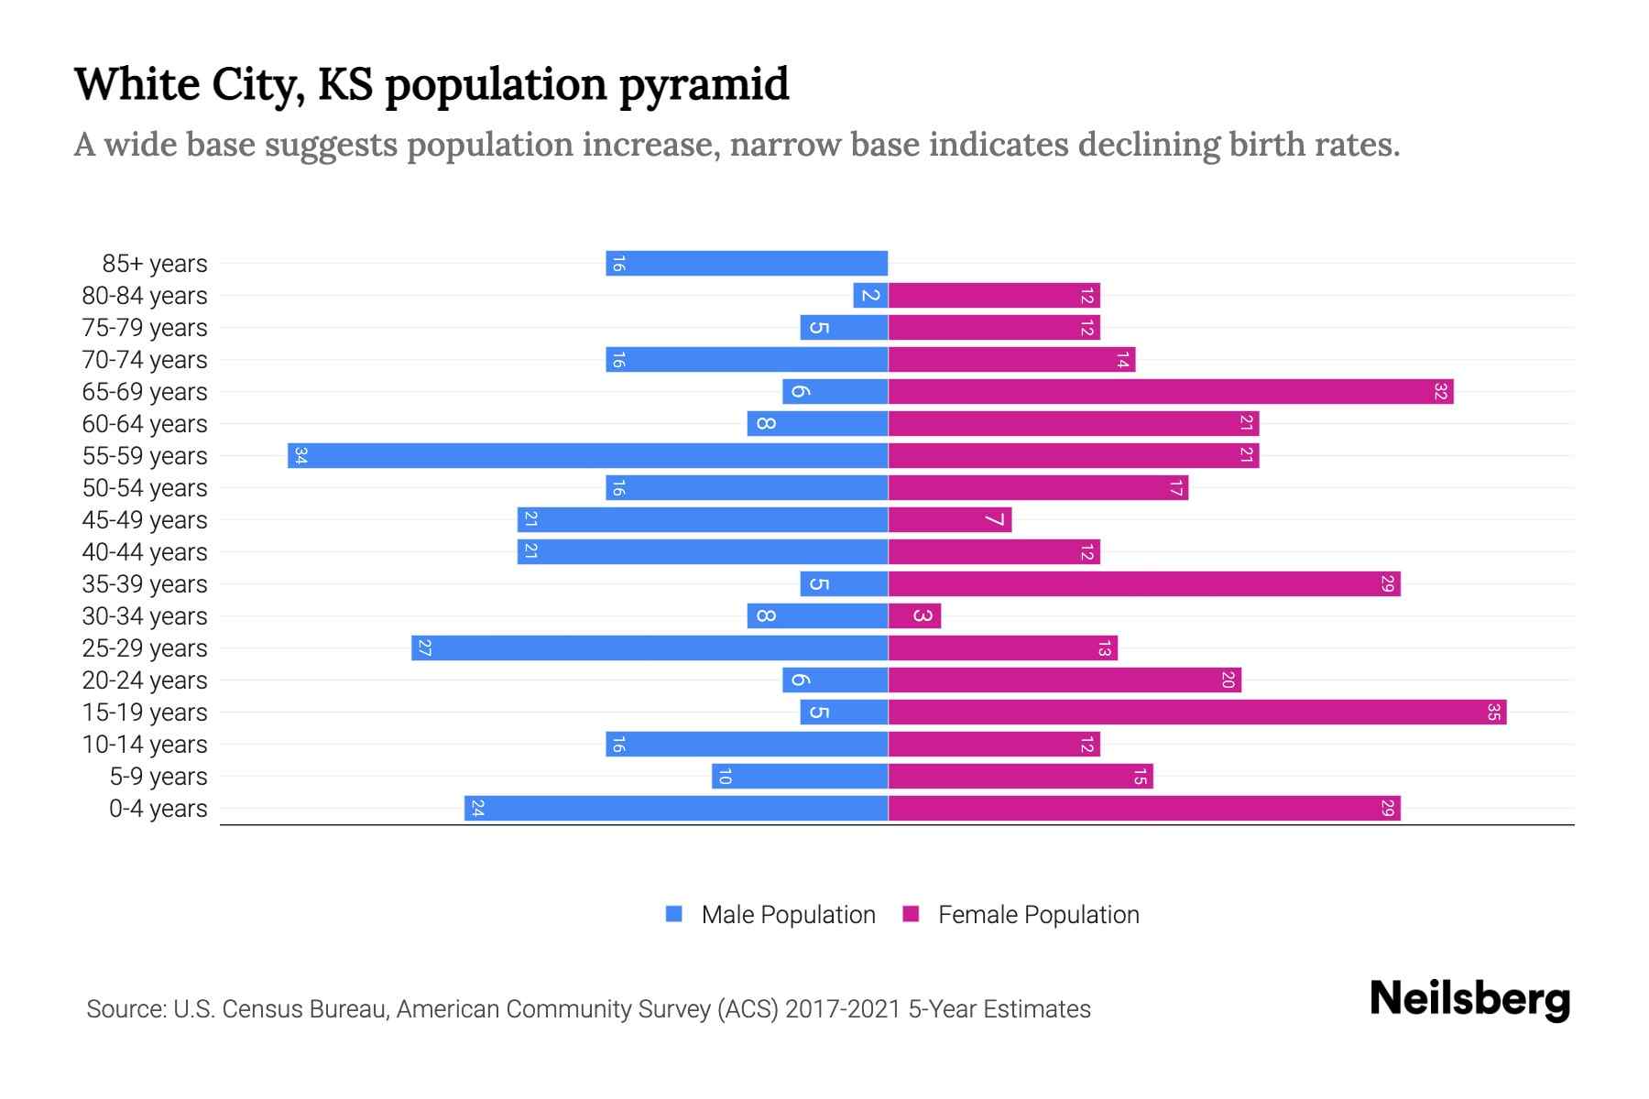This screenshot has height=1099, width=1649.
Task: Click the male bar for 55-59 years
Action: pyautogui.click(x=588, y=455)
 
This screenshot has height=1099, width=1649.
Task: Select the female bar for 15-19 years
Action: pyautogui.click(x=1197, y=712)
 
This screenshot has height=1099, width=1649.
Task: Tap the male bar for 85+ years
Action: pyautogui.click(x=747, y=263)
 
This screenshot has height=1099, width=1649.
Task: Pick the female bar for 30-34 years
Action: pyautogui.click(x=914, y=615)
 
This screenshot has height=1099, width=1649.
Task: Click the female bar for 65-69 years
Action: pyautogui.click(x=1171, y=391)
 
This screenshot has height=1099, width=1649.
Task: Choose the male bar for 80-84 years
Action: pyautogui.click(x=870, y=295)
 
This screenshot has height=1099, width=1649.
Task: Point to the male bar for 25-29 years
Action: pyautogui.click(x=650, y=647)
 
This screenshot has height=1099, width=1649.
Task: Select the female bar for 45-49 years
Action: pyautogui.click(x=950, y=519)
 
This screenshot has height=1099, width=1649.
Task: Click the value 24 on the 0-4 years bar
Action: pyautogui.click(x=476, y=808)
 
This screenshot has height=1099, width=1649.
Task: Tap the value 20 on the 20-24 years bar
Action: pyautogui.click(x=1228, y=680)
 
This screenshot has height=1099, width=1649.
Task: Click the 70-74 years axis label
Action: pyautogui.click(x=145, y=360)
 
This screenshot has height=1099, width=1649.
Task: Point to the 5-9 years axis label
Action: pyautogui.click(x=158, y=777)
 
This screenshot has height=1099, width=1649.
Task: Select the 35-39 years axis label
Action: pyautogui.click(x=145, y=584)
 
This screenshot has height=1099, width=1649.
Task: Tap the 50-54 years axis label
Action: pyautogui.click(x=145, y=488)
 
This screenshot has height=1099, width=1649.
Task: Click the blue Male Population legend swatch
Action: pyautogui.click(x=674, y=914)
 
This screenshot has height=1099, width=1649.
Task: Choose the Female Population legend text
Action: pyautogui.click(x=1038, y=914)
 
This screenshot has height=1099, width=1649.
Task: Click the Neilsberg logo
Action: pyautogui.click(x=1469, y=999)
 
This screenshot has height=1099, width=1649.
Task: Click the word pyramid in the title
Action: pyautogui.click(x=704, y=84)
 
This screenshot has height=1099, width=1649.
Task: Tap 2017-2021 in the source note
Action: pyautogui.click(x=843, y=1009)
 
